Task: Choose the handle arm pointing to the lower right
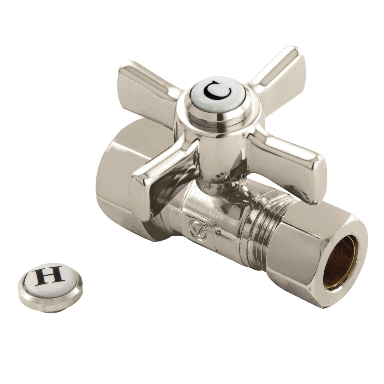pyautogui.click(x=285, y=155)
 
